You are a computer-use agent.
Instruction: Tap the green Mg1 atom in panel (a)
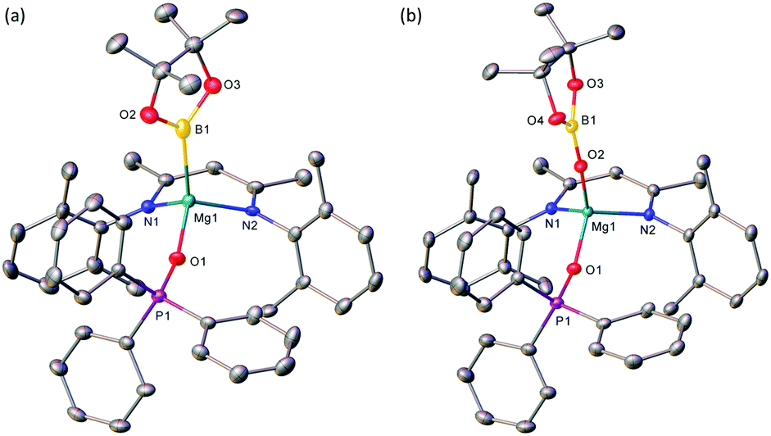point(189,200)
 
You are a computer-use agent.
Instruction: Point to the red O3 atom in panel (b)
point(576,84)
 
